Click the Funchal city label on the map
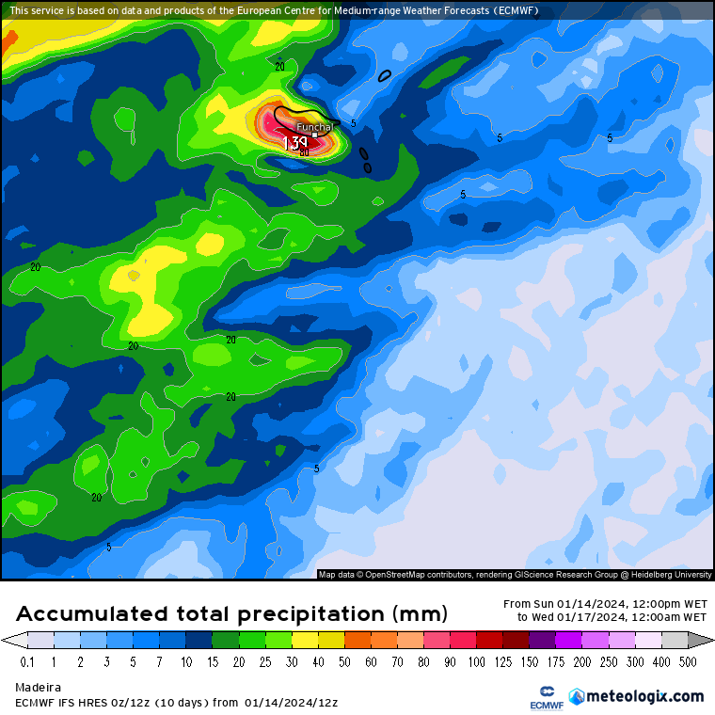point(315,127)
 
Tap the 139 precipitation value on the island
point(296,143)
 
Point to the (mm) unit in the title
point(418,614)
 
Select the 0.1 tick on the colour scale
point(27,662)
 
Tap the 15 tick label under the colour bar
point(213,662)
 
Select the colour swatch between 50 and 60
point(357,641)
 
